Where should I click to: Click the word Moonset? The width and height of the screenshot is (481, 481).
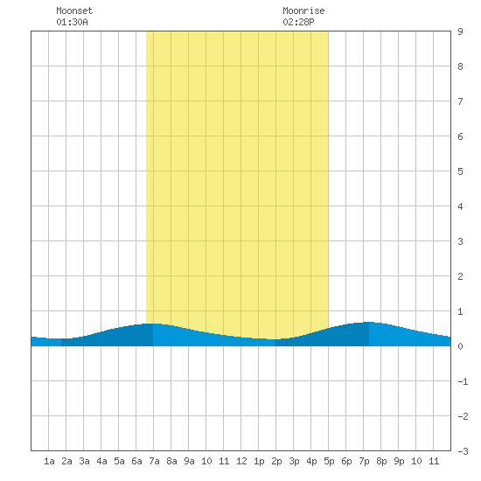74,10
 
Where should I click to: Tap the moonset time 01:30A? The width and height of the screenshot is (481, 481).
72,22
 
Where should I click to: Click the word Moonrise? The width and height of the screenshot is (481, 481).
303,10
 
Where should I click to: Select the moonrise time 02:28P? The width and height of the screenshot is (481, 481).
298,22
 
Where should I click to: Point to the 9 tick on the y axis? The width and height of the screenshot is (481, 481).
460,31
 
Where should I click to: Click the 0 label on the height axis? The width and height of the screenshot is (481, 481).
460,346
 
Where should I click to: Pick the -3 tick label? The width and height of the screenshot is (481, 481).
463,451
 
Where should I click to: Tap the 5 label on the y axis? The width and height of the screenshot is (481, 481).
460,171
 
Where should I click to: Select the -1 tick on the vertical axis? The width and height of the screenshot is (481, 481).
463,381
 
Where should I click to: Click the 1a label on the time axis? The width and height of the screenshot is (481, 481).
49,461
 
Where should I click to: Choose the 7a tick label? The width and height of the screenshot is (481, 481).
154,461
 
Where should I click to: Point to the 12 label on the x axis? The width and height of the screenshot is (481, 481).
241,461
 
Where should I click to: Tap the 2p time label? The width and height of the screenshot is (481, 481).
276,461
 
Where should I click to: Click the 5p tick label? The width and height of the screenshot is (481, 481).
329,461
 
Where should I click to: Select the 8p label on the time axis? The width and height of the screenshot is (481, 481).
381,461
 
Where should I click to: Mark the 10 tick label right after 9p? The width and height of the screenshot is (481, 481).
416,461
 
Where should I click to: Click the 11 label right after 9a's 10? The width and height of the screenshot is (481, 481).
224,461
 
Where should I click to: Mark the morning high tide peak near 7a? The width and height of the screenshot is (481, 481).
153,324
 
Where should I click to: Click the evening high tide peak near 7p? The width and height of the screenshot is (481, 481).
369,322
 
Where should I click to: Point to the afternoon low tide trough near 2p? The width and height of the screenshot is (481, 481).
275,339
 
